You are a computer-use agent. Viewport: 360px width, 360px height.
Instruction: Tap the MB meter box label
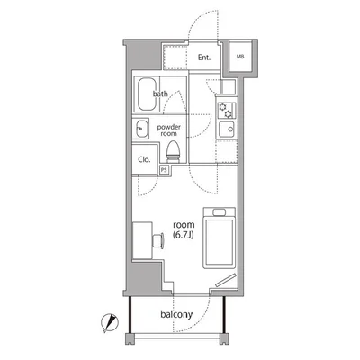pos(240,58)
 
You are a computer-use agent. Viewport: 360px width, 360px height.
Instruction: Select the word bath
pos(162,94)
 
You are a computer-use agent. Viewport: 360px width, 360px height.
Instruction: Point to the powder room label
pos(169,131)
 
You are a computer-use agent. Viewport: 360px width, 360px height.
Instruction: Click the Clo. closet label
pos(143,160)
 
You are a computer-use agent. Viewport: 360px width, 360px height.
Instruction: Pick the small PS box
pos(165,168)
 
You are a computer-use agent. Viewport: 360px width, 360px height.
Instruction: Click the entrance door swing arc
pos(200,22)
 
